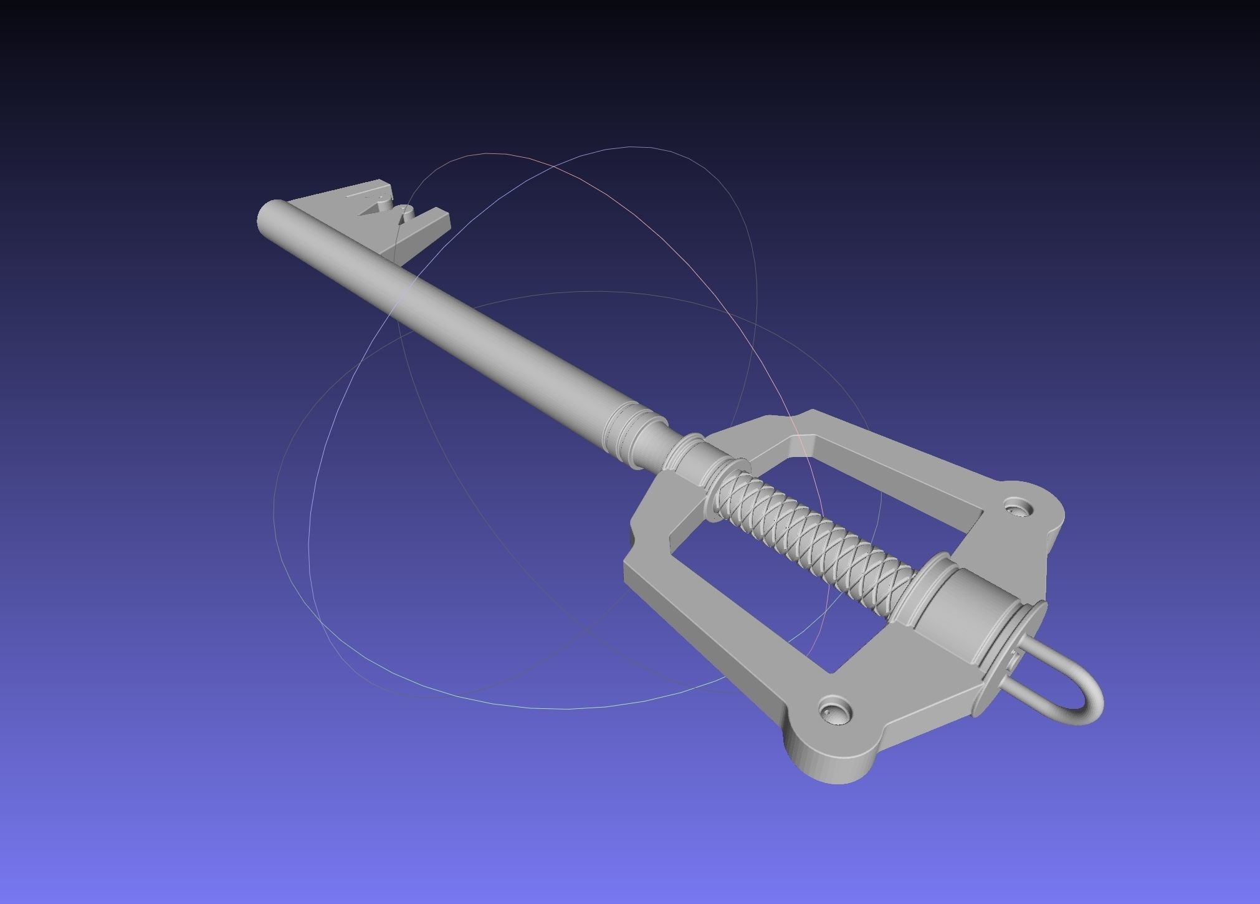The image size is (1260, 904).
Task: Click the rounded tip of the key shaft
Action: (269, 218)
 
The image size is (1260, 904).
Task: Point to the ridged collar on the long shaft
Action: (623, 430)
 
